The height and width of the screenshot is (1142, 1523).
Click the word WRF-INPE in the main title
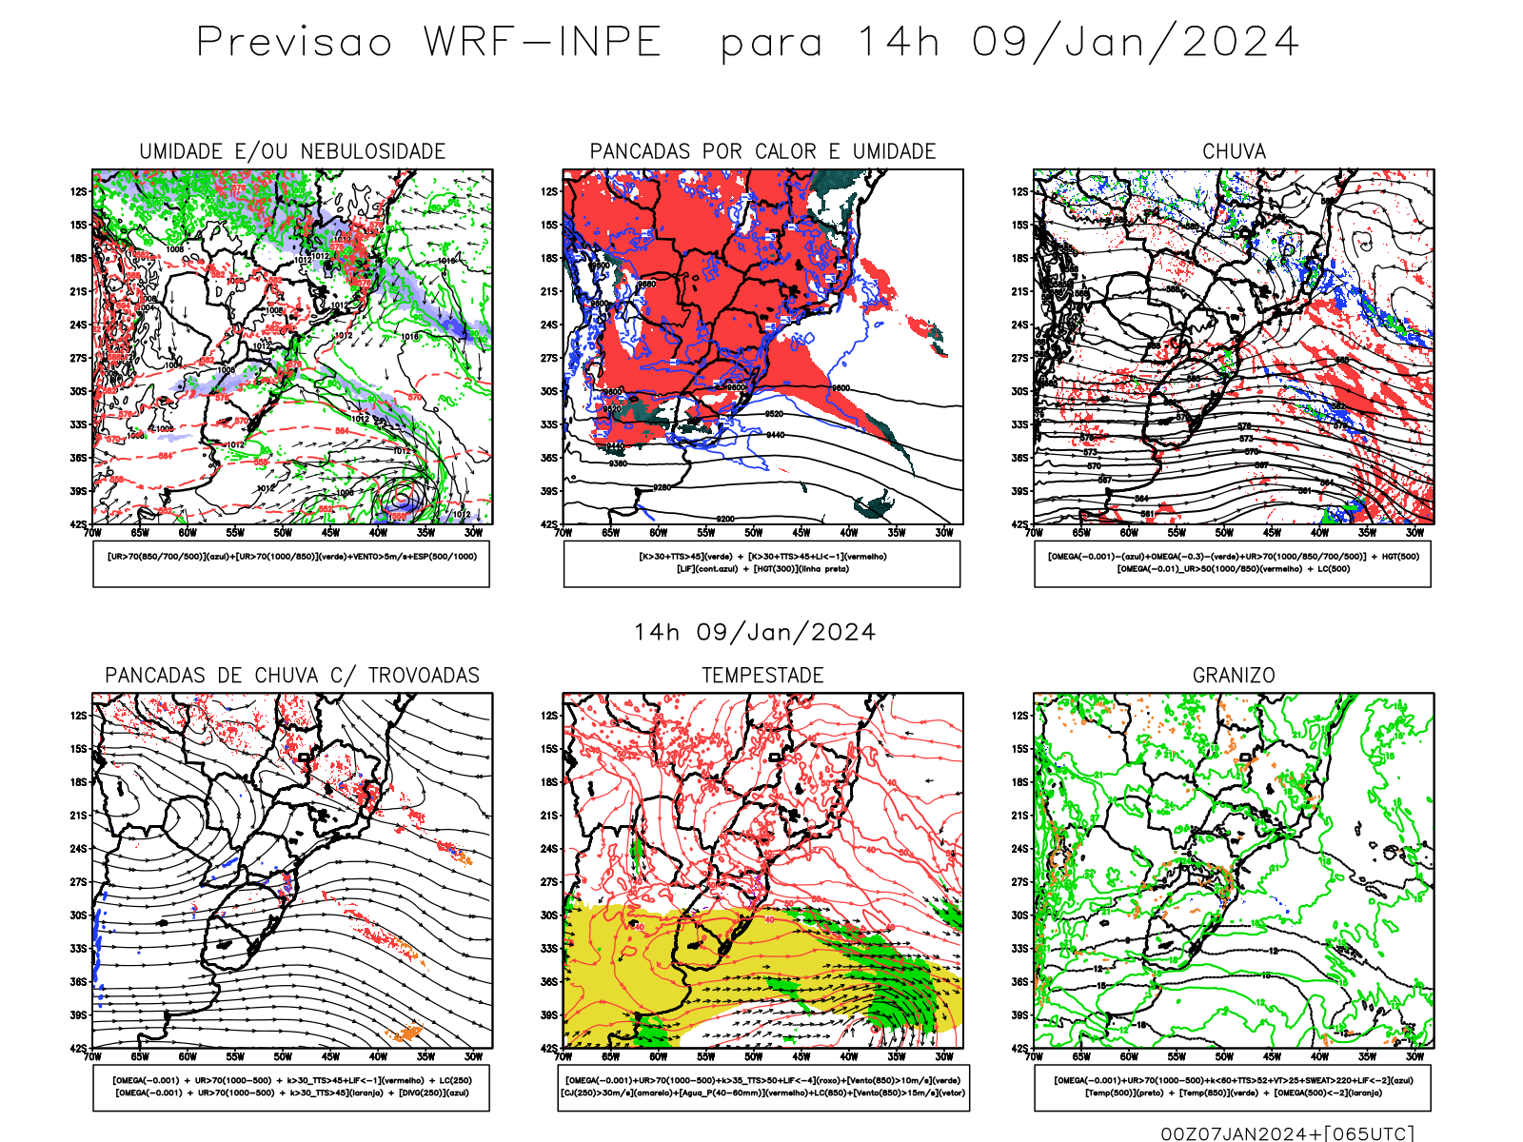coord(542,43)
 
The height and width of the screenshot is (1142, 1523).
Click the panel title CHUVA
coord(1234,151)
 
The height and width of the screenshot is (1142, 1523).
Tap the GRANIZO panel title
coord(1234,675)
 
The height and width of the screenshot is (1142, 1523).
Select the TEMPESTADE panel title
coord(762,675)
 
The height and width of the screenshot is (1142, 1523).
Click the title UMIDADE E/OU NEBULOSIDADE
coord(292,151)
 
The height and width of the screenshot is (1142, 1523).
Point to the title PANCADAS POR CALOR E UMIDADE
coord(762,151)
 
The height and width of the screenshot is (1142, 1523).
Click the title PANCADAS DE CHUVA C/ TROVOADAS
coord(292,675)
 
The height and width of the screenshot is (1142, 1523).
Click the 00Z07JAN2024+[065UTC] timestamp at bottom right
coord(1287,1132)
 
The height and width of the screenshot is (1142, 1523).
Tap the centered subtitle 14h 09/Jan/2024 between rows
coord(755,632)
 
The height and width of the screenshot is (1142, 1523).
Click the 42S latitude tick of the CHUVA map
coord(1020,524)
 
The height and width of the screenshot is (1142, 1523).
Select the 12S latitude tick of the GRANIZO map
coord(1020,716)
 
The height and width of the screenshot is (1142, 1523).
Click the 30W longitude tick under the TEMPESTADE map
coord(944,1056)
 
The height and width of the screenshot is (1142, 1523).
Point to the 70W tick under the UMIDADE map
coord(92,533)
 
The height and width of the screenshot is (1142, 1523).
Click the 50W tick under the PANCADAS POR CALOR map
coord(754,533)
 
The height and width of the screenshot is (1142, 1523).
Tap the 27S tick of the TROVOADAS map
coord(78,882)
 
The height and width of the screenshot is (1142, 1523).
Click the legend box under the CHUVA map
coord(1233,563)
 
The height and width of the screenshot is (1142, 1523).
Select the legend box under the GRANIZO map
coord(1233,1087)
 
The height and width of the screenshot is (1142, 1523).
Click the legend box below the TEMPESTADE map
coord(762,1087)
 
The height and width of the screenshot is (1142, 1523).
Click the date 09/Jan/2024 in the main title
coord(1136,43)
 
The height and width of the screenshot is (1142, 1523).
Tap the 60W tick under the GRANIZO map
coord(1129,1056)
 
